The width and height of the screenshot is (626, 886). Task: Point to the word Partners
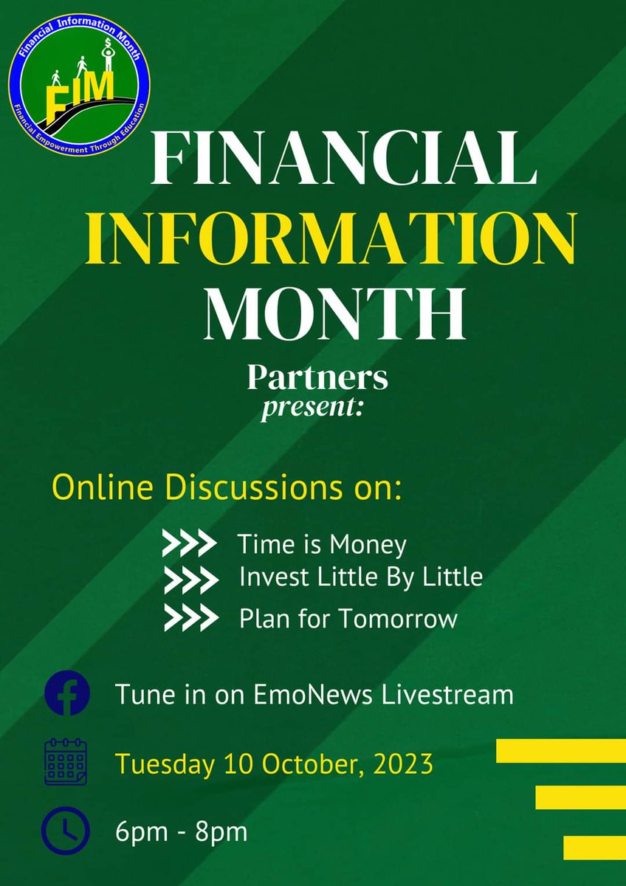pos(317,377)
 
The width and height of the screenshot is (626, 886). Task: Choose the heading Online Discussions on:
pos(226,490)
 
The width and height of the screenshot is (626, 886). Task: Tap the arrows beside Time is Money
pos(189,545)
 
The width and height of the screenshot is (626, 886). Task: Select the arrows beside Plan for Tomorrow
pos(190,617)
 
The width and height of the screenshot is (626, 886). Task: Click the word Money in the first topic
pos(368,545)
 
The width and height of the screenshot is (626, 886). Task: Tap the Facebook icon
pos(66,695)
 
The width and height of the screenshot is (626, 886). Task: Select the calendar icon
pos(66,763)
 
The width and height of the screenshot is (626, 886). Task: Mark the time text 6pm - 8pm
pos(181,832)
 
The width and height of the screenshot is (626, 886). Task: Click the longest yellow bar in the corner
pos(560,750)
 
